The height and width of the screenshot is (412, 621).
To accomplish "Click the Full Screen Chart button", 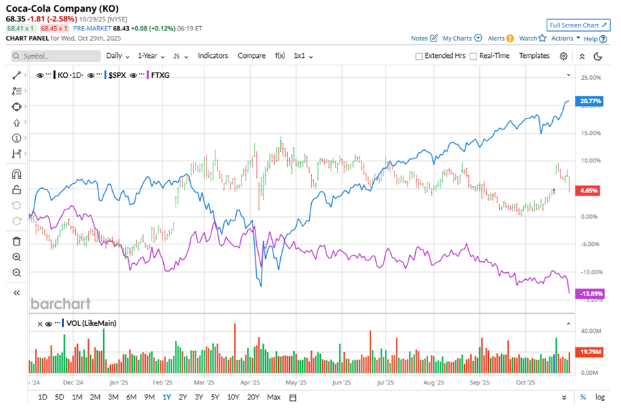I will [x=578, y=25].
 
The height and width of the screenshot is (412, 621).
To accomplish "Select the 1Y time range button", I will [x=166, y=397].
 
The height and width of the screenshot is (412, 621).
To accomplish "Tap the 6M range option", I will [x=131, y=397].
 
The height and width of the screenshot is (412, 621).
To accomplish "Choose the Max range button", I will [x=273, y=397].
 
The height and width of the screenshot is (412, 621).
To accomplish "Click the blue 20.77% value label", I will [x=591, y=101].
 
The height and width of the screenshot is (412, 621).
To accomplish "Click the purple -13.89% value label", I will [x=591, y=293].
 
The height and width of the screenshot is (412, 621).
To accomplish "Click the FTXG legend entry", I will [x=160, y=74].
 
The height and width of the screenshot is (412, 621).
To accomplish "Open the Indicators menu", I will [x=213, y=56].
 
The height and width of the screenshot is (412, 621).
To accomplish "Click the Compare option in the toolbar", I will [x=251, y=56].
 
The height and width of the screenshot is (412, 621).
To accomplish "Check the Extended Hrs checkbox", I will [x=419, y=56].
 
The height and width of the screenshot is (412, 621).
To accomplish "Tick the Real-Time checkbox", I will [x=474, y=56].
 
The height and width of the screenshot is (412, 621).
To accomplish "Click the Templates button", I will [x=534, y=56].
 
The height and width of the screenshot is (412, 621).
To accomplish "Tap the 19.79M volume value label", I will [x=591, y=352].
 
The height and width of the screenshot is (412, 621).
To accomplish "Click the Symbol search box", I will [x=55, y=56].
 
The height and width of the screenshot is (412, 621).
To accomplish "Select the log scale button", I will [x=600, y=397].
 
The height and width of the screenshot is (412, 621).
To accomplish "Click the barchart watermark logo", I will [x=60, y=303].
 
